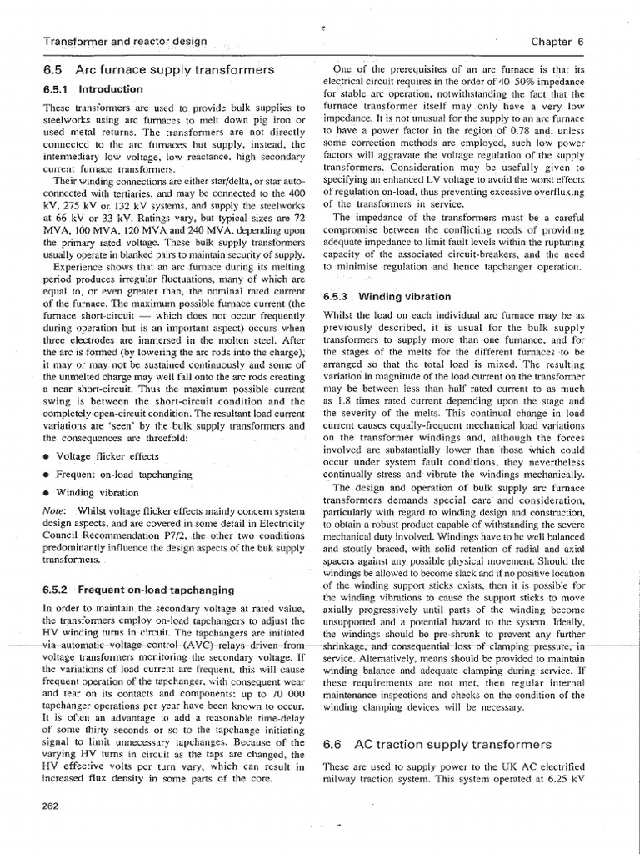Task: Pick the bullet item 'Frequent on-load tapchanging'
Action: tap(122, 475)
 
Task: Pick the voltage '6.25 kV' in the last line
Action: tap(566, 779)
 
